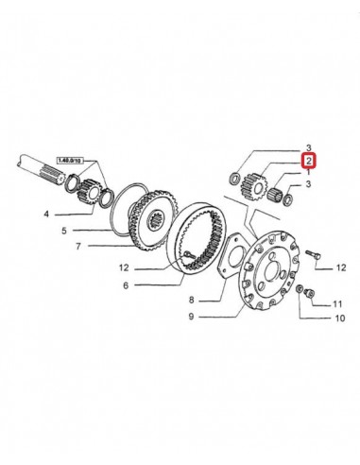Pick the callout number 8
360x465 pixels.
[191, 300]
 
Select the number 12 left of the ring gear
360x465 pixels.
[125, 267]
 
